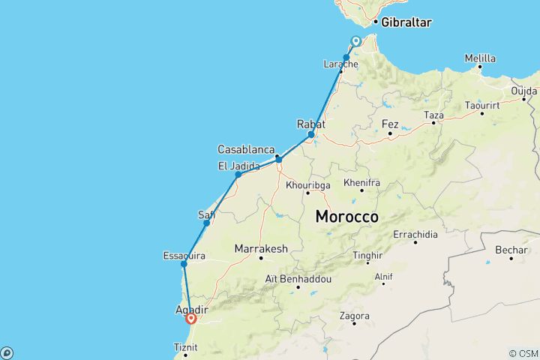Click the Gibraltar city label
click(x=406, y=22)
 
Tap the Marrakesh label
click(x=261, y=247)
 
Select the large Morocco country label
click(x=346, y=217)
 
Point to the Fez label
click(x=390, y=124)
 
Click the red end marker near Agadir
click(x=190, y=319)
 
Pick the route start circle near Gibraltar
click(x=356, y=41)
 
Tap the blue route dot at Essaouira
click(x=184, y=264)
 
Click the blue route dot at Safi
click(x=207, y=223)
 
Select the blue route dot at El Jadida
click(x=238, y=175)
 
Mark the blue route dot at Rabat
click(x=311, y=135)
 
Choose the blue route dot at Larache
click(x=346, y=58)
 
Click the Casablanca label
click(x=247, y=148)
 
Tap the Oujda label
click(x=525, y=91)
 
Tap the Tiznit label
click(x=185, y=347)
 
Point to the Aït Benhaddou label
click(x=298, y=278)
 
